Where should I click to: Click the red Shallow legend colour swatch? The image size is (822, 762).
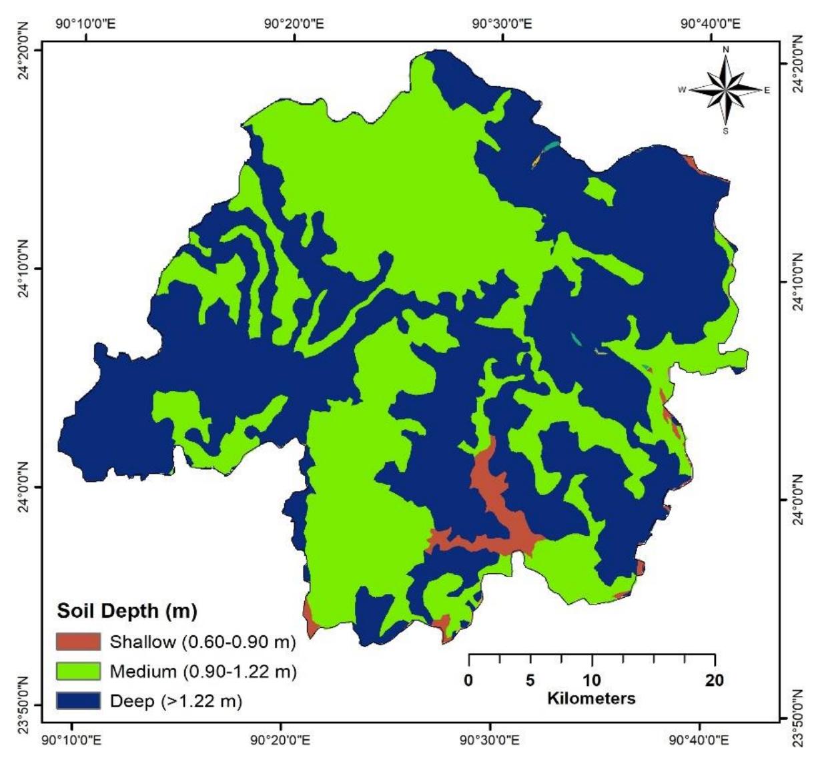point(79,642)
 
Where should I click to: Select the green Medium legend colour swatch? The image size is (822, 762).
point(79,671)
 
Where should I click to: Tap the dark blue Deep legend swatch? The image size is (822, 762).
point(79,700)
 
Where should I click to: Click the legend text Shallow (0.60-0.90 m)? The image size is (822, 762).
point(202,642)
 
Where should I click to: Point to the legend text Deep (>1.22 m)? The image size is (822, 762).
point(175,701)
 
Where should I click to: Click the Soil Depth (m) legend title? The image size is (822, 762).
point(127,611)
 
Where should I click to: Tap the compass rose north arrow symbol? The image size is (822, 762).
point(726,89)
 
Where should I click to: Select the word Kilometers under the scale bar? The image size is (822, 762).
point(591,699)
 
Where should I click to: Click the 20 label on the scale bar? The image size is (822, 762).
point(714,681)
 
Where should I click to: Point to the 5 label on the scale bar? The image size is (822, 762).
point(530,681)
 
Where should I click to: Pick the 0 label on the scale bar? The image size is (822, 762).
point(469,681)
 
